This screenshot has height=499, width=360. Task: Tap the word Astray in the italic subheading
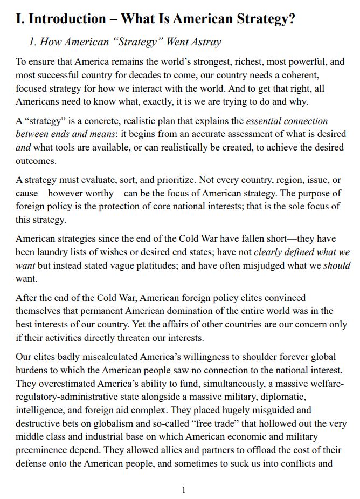203,42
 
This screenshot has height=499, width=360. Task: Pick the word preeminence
44,450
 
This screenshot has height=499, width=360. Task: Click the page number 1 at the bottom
184,490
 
